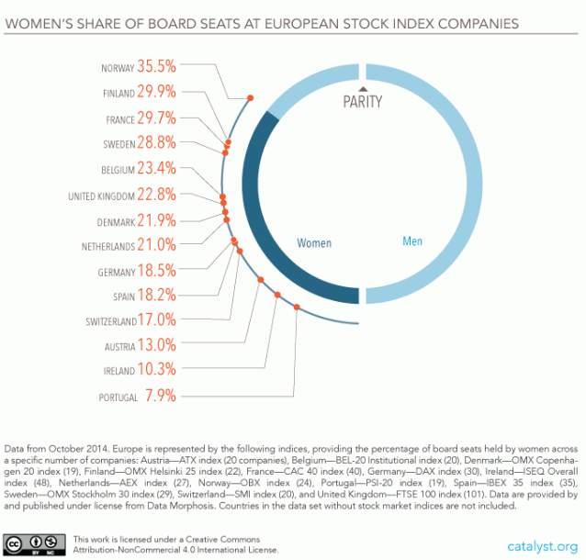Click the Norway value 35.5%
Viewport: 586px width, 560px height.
click(x=156, y=66)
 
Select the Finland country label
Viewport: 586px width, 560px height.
click(x=118, y=93)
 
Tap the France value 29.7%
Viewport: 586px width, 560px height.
click(x=156, y=118)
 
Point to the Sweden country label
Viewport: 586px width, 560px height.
click(x=118, y=144)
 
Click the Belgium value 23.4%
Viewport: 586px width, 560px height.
click(x=156, y=169)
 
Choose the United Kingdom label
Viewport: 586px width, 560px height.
click(x=101, y=196)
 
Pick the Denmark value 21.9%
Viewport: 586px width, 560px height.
click(x=156, y=220)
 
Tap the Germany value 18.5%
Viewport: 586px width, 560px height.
click(x=156, y=272)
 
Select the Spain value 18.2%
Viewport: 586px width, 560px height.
click(x=156, y=297)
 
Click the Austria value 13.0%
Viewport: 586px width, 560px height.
click(x=156, y=345)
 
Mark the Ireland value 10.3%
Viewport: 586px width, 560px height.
click(x=156, y=370)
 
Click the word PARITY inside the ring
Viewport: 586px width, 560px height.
click(x=362, y=101)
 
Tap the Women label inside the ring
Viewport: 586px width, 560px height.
click(x=314, y=243)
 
